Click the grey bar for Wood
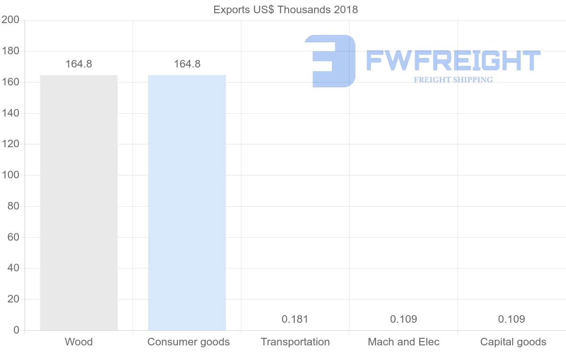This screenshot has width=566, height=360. click(x=79, y=202)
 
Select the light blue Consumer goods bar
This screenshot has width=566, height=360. click(x=187, y=202)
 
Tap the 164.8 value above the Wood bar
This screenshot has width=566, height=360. click(x=79, y=64)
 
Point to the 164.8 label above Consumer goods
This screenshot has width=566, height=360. click(x=187, y=64)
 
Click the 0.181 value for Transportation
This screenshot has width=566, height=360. click(x=295, y=319)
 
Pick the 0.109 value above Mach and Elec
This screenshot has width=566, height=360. click(x=403, y=319)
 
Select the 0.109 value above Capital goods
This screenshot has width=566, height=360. click(x=511, y=319)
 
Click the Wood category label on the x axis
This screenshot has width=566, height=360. click(x=79, y=342)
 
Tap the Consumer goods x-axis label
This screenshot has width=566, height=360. click(x=188, y=342)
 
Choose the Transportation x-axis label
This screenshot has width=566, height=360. click(x=295, y=342)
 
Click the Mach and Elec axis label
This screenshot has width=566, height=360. click(x=403, y=342)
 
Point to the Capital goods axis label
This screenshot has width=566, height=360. click(x=513, y=342)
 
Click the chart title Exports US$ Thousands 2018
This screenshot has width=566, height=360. click(x=285, y=10)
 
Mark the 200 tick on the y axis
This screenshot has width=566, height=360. click(x=10, y=20)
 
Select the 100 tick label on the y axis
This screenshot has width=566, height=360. click(x=10, y=175)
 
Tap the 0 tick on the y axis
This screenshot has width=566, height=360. click(x=16, y=330)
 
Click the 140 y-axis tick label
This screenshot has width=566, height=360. click(x=10, y=113)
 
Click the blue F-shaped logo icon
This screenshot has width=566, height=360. click(x=330, y=61)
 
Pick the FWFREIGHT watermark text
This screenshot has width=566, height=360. click(x=453, y=61)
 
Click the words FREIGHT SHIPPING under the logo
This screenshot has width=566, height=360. click(x=453, y=80)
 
